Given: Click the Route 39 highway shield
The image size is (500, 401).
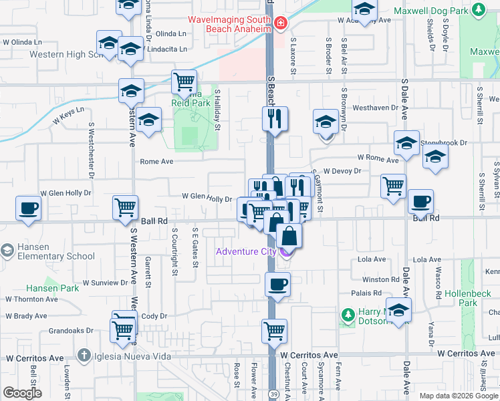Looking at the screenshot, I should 275,394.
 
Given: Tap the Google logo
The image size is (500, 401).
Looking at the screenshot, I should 22,393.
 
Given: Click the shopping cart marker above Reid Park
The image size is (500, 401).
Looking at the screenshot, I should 184,82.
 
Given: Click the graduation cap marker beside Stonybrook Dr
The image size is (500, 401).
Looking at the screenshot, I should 406,143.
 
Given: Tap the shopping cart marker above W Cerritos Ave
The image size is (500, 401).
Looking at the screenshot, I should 275,330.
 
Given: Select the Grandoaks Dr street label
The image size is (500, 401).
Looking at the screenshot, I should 75,330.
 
